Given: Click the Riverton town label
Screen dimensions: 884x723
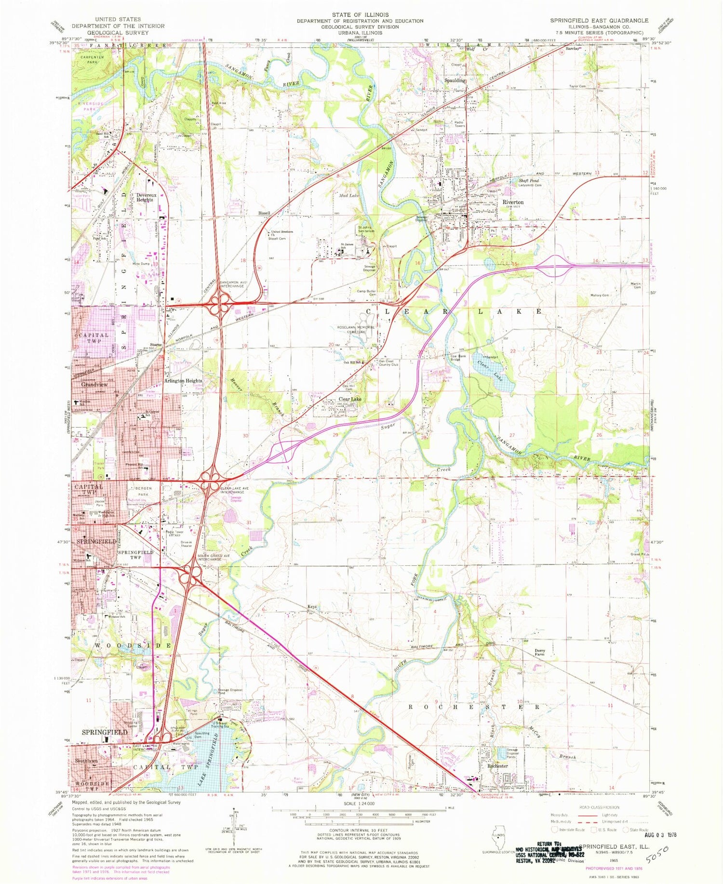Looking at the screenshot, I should (513, 202).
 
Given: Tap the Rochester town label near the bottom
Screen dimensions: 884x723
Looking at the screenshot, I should (497, 765).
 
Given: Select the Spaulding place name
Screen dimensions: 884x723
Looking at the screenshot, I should (455, 80).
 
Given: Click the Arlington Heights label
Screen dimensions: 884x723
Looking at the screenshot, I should (183, 380).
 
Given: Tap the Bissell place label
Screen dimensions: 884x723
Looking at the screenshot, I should (264, 213).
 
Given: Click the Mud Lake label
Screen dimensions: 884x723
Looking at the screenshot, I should (349, 196).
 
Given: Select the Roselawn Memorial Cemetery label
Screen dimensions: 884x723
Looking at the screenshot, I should (356, 329).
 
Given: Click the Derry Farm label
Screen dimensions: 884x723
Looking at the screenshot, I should (539, 653).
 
